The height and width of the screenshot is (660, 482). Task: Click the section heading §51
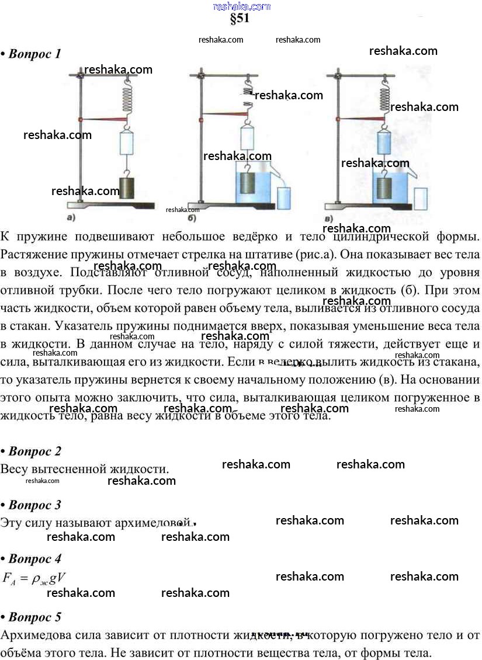[240, 19]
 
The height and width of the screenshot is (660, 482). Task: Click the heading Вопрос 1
[34, 54]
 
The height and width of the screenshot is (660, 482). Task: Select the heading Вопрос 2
[34, 451]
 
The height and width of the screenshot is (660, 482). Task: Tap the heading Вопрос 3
[34, 505]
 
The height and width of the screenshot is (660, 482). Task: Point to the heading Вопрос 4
[34, 559]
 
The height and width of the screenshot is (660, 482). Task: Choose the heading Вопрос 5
[34, 617]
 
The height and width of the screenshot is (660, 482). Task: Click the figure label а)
[70, 218]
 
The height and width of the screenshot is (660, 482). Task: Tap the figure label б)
[192, 218]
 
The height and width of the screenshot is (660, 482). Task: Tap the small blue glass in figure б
[284, 197]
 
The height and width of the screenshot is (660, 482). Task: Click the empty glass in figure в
[420, 199]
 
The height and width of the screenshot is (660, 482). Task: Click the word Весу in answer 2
[15, 469]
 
